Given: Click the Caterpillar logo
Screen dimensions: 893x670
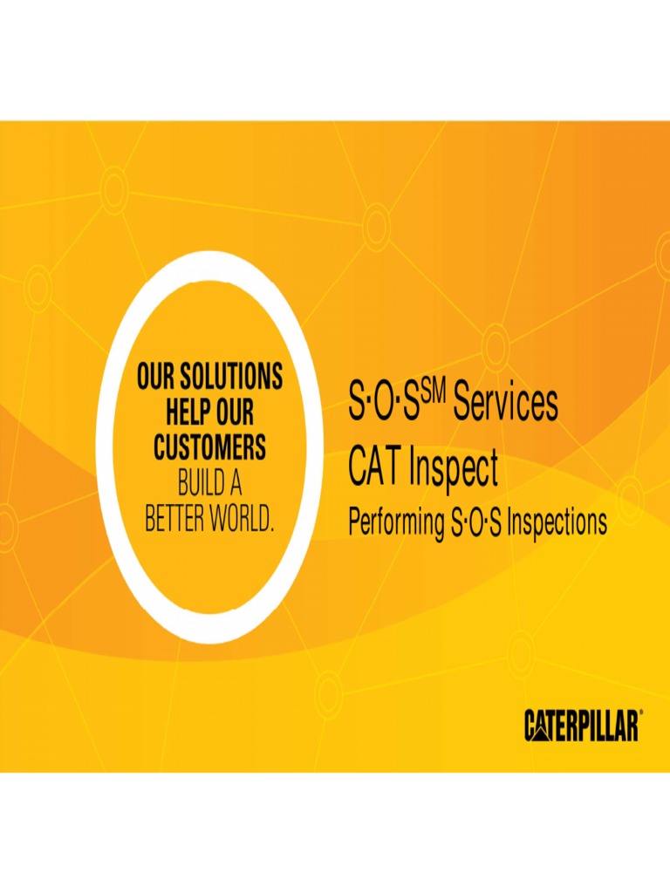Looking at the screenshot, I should [x=582, y=726].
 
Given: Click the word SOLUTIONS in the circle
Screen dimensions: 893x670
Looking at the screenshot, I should [x=230, y=378].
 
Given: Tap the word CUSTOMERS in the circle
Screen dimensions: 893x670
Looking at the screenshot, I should [x=210, y=448].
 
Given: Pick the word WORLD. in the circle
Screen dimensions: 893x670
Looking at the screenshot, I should [x=247, y=521].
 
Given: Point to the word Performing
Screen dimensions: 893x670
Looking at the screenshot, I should [x=396, y=523].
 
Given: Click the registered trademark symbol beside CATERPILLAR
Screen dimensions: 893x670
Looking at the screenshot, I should [x=641, y=713].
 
